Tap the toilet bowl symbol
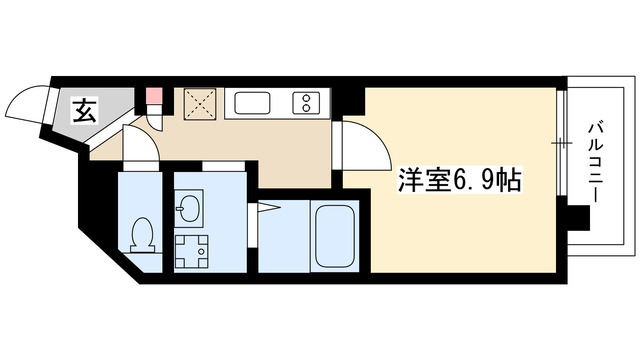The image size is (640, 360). click(140, 232)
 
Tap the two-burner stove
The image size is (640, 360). click(303, 102)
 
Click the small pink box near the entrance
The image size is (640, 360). click(154, 98)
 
